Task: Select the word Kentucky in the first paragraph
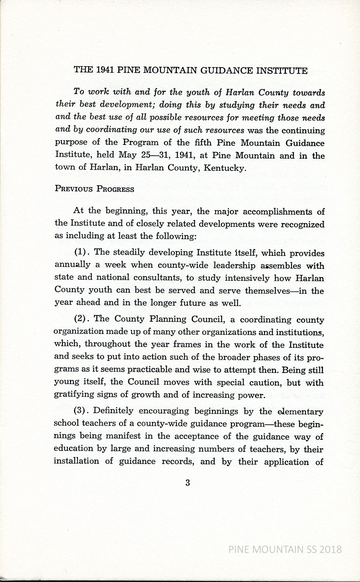(x=224, y=168)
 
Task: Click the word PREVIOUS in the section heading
(x=74, y=189)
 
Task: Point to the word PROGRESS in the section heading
(x=115, y=189)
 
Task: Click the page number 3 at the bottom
(x=188, y=483)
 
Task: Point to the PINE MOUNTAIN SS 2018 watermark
(x=285, y=549)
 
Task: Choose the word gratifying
(x=73, y=395)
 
